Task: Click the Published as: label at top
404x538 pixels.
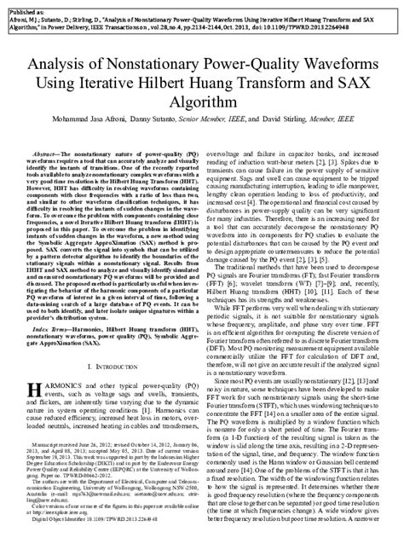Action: pos(26,7)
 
